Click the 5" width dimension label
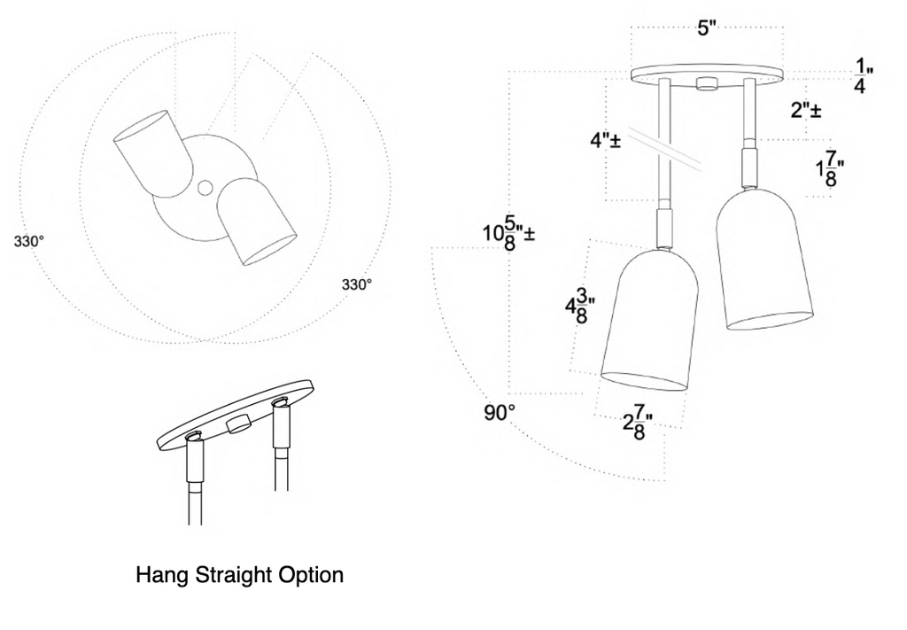point(706,27)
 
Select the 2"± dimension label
point(805,111)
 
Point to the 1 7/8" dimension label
point(829,169)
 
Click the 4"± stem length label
point(605,141)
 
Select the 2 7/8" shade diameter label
point(632,424)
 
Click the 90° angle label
point(499,413)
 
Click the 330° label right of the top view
point(357,284)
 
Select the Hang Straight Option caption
point(239,575)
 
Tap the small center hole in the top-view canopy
point(205,188)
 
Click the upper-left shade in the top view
point(151,152)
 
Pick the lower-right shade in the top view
point(258,222)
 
